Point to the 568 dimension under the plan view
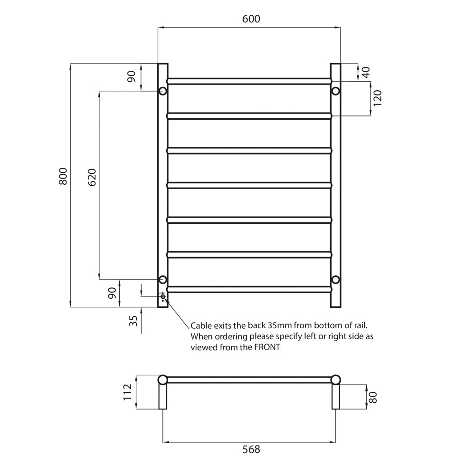point(251,449)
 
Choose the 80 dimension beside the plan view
point(374,397)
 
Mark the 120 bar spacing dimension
point(378,98)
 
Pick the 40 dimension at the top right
point(365,72)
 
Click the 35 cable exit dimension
point(133,322)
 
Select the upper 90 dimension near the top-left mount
point(132,76)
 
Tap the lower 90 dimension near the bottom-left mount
point(112,294)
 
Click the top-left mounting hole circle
point(162,91)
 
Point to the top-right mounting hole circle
point(335,91)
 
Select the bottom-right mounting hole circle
point(335,279)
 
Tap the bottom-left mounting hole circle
point(162,279)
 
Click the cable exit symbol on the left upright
point(163,296)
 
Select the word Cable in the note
point(201,326)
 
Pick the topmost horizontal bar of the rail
point(248,81)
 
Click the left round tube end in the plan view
point(162,380)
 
